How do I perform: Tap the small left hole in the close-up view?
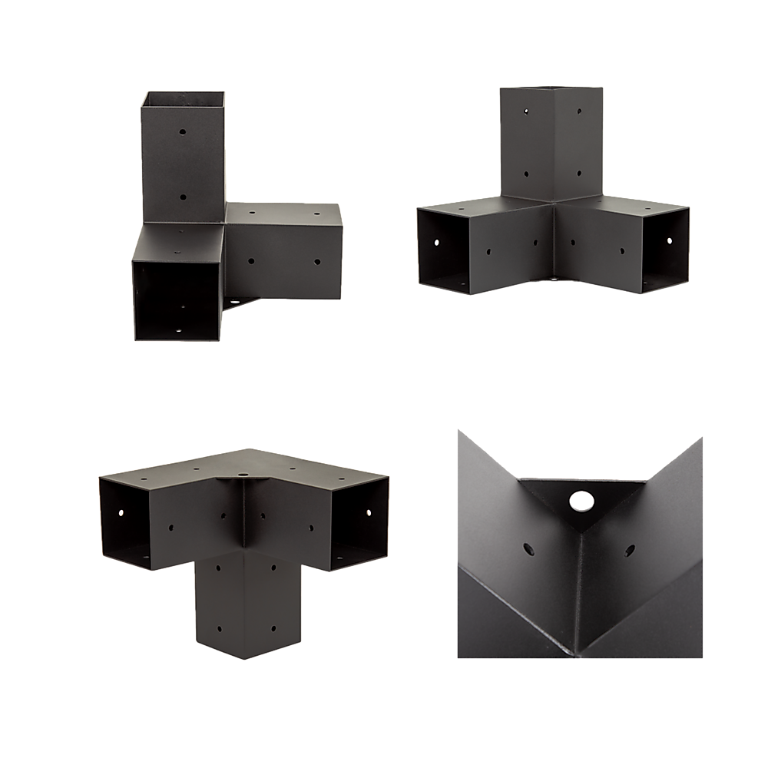point(528,549)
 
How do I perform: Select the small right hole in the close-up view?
point(630,550)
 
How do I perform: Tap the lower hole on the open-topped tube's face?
point(184,197)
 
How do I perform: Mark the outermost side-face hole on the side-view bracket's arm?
point(316,262)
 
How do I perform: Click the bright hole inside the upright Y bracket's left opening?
point(435,241)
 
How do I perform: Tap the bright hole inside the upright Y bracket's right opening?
point(669,241)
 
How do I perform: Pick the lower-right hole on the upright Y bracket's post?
point(578,176)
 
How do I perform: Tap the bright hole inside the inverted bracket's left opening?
point(121,510)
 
